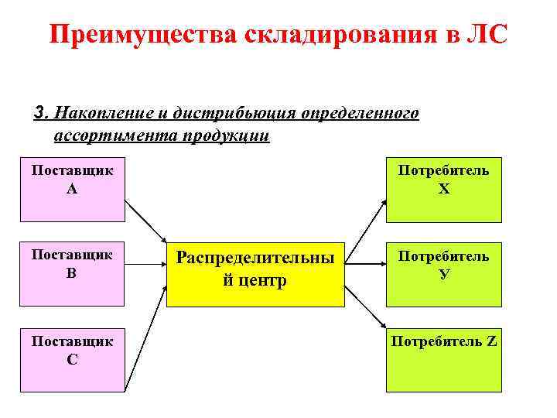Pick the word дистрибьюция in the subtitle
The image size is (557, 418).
tap(226, 114)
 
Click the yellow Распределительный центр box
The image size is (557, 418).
tap(255, 268)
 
